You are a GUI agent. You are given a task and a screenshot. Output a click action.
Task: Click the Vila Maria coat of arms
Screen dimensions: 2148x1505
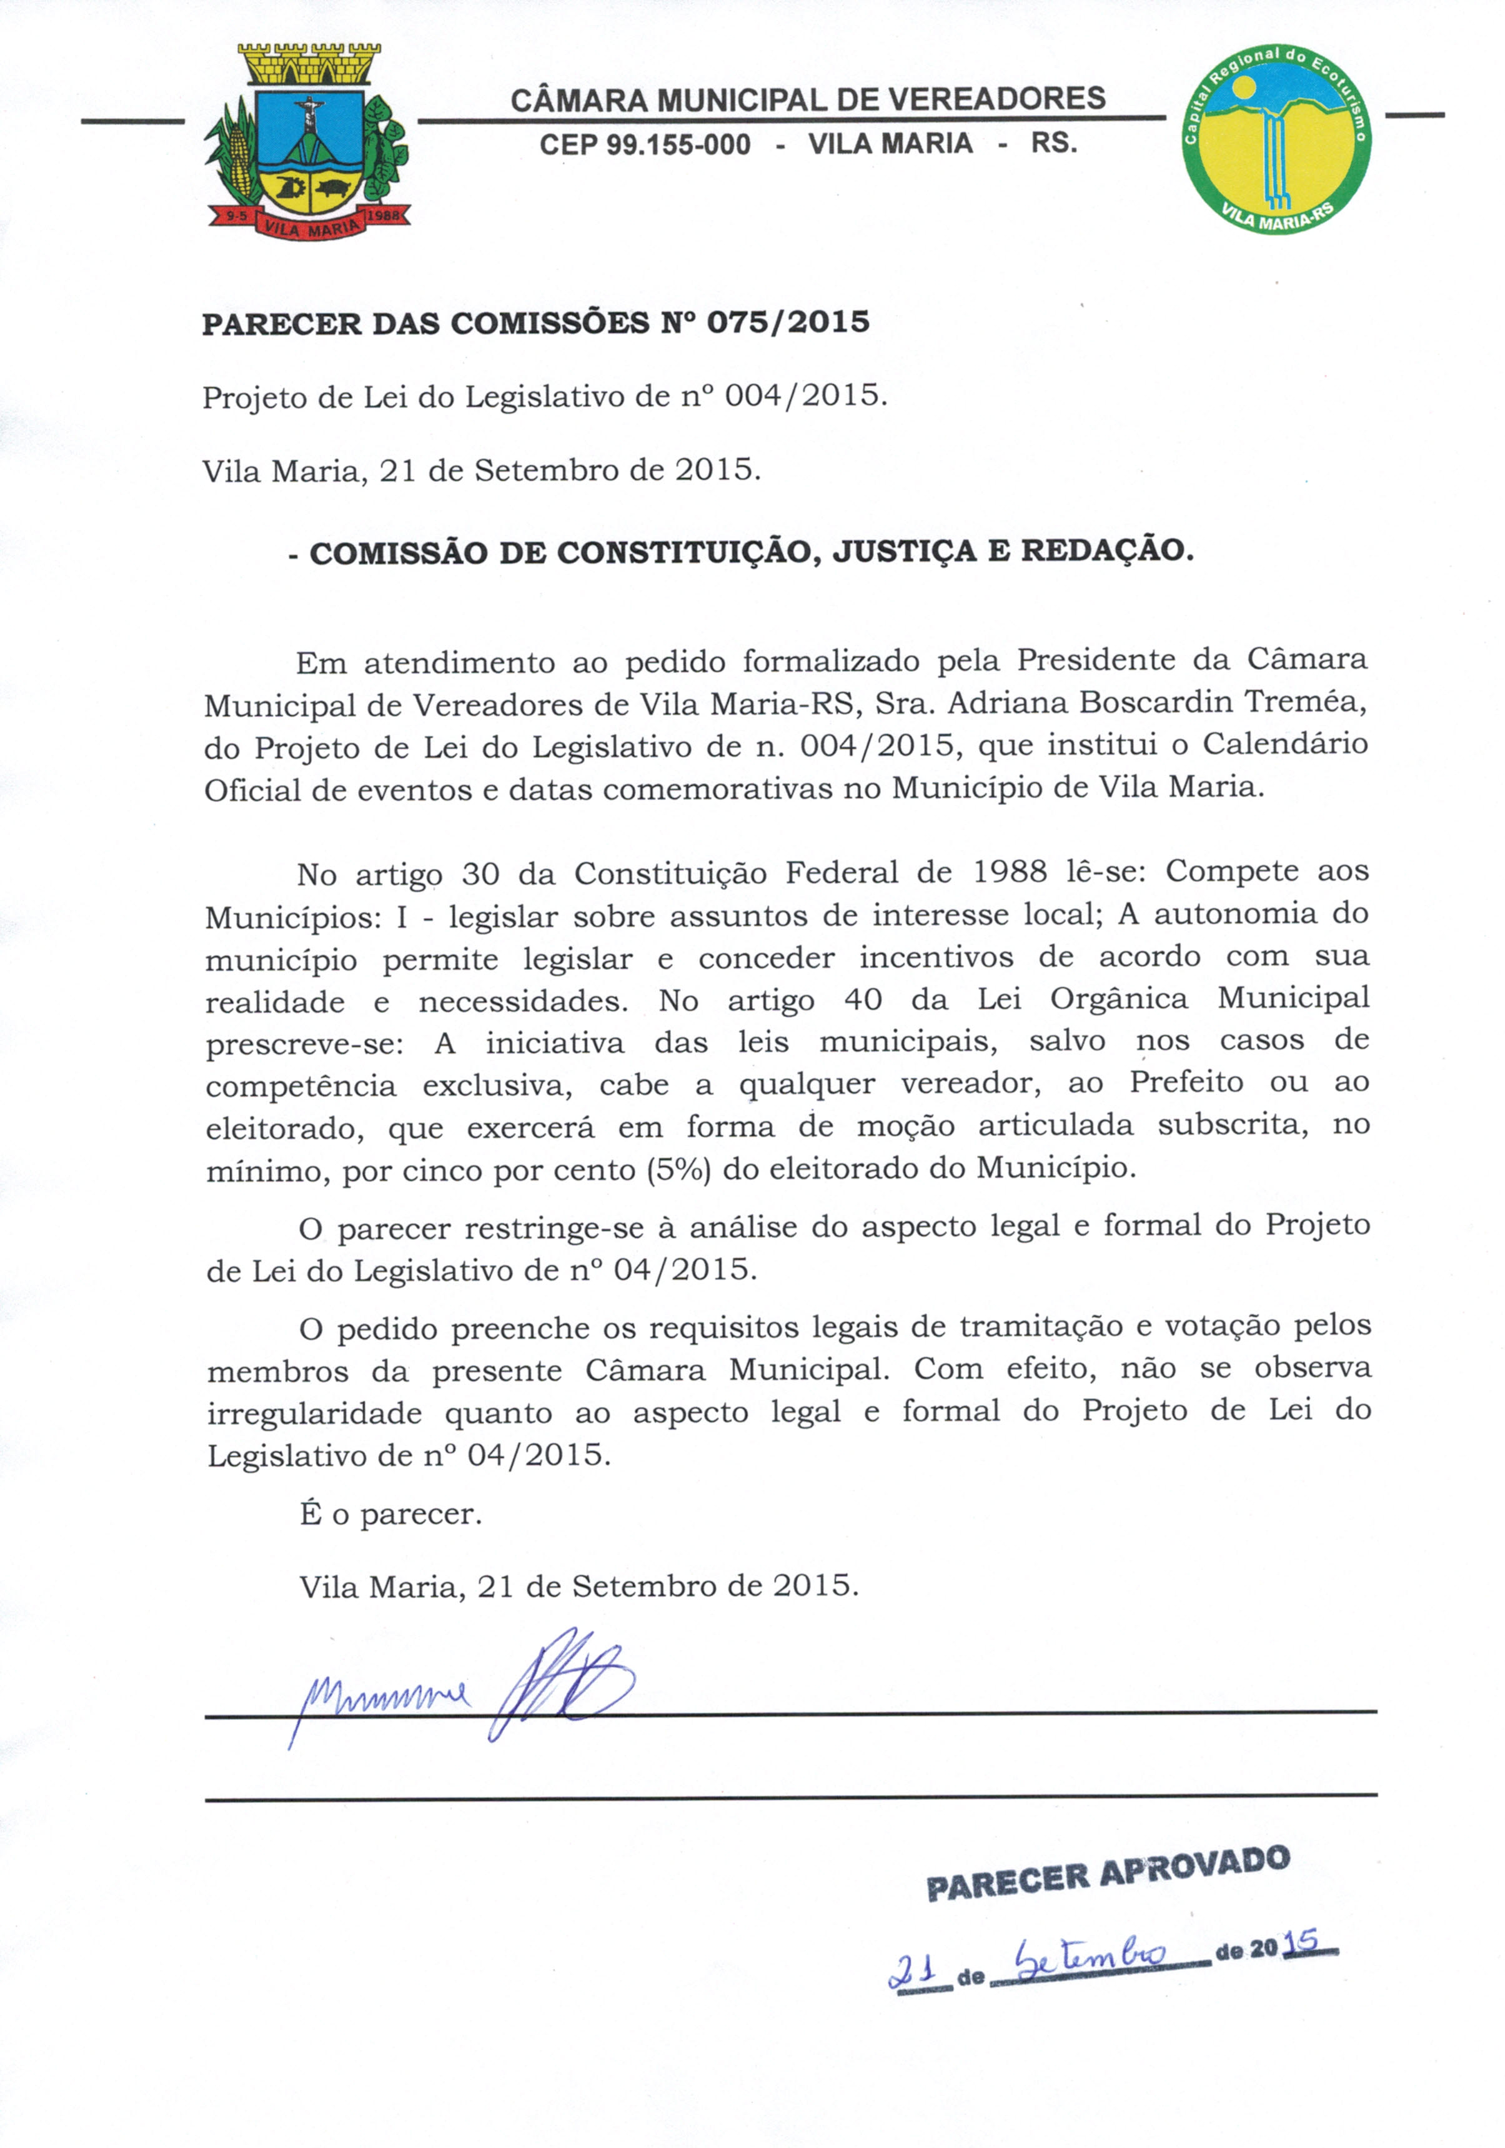coord(306,141)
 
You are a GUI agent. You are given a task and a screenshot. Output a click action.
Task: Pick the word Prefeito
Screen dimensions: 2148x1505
coord(1186,1082)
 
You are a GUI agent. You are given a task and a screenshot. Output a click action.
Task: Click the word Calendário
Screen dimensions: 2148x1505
coord(1285,745)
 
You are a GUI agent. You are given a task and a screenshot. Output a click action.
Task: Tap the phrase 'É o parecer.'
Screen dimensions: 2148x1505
coord(390,1514)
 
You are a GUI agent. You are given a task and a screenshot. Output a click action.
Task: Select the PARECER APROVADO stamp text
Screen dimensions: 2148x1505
coord(1108,1874)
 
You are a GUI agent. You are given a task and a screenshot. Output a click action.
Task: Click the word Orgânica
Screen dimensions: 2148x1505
coord(1119,999)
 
